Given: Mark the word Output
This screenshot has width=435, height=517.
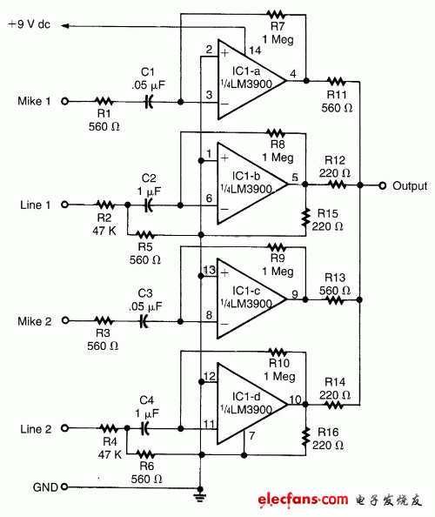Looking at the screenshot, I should click(x=410, y=186).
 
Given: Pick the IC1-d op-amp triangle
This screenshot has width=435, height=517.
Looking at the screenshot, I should click(x=248, y=402).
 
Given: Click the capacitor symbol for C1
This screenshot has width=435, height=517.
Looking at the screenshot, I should click(x=149, y=102).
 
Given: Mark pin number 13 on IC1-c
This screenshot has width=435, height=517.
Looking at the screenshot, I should click(x=209, y=270).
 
